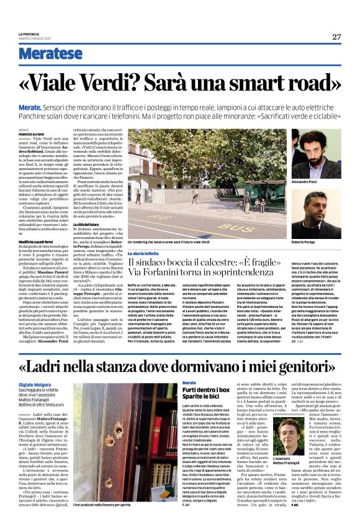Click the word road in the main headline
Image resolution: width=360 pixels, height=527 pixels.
coord(312,83)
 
